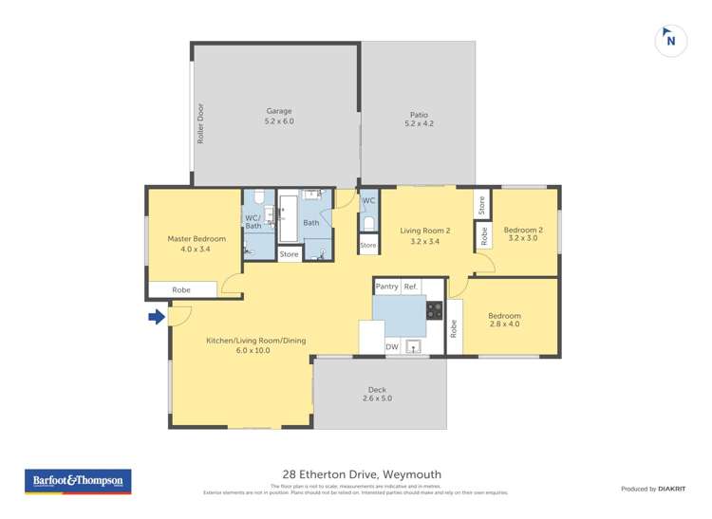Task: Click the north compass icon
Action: tap(671, 41)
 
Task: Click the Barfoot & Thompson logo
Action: tap(77, 481)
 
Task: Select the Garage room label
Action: tap(278, 116)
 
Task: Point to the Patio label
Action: tap(418, 119)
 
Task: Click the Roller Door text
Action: tap(201, 123)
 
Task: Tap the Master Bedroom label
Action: tap(196, 244)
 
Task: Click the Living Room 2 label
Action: tap(424, 234)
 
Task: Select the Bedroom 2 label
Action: tap(523, 233)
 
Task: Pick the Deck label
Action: tap(378, 394)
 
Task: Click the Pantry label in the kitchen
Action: tap(386, 287)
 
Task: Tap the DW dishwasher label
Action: tap(392, 347)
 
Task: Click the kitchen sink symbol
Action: tap(414, 346)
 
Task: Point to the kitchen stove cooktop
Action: tap(434, 309)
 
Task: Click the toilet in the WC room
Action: tap(368, 224)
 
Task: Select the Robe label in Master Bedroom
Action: tap(181, 289)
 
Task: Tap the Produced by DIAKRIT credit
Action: tap(654, 489)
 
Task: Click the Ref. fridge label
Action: tap(411, 287)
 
